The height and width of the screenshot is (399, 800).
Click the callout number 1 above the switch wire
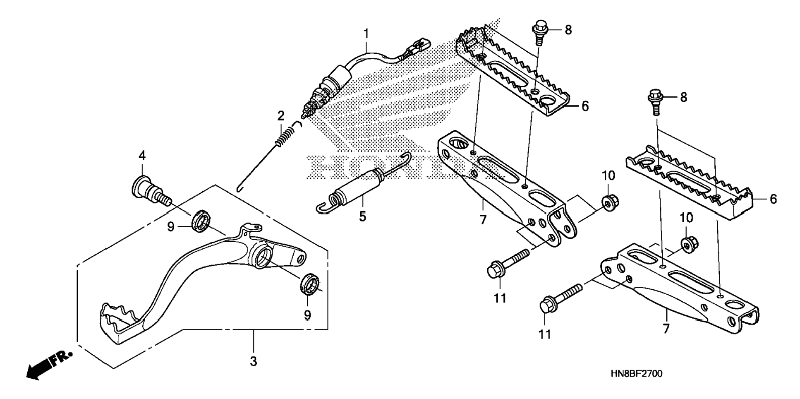[x=366, y=33]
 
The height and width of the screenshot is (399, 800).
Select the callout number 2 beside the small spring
[x=281, y=116]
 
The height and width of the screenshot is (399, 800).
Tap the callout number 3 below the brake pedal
[x=254, y=361]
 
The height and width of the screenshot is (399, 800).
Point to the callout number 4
[x=142, y=156]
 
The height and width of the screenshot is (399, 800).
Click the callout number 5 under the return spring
[x=362, y=216]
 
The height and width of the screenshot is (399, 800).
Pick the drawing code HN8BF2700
[x=636, y=374]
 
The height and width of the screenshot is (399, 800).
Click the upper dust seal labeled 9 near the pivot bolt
[x=201, y=219]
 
